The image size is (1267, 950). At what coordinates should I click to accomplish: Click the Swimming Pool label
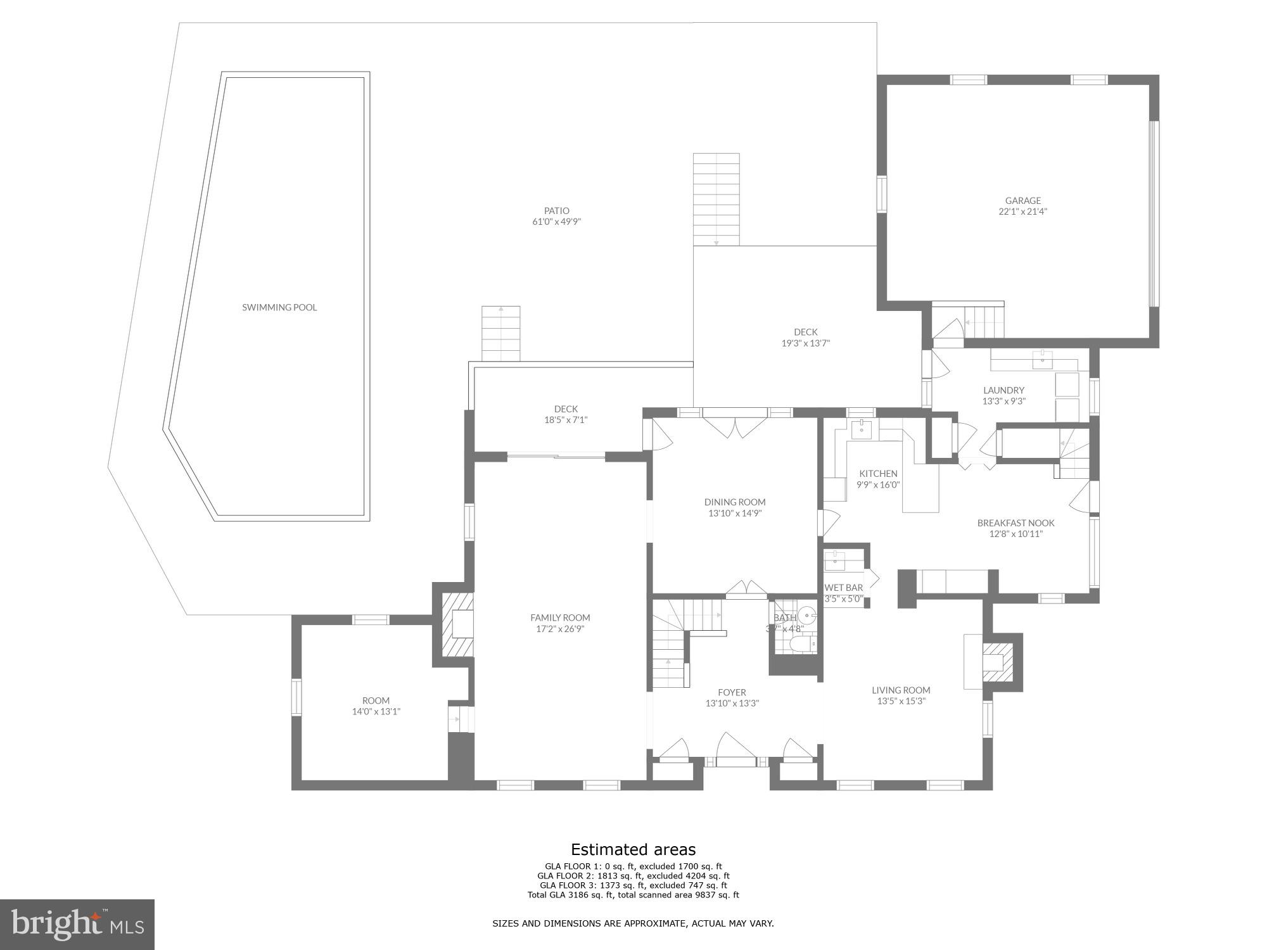pos(279,308)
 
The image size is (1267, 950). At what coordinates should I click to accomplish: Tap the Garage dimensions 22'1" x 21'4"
pos(1022,212)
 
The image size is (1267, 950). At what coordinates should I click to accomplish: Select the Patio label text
pos(556,211)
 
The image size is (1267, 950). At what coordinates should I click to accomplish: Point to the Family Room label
pos(560,617)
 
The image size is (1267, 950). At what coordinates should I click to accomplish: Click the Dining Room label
pos(735,502)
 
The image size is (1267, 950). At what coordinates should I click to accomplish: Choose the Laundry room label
pos(1003,390)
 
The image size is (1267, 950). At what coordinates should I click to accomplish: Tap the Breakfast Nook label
pos(1016,523)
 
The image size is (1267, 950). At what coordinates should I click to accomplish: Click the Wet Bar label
pos(843,588)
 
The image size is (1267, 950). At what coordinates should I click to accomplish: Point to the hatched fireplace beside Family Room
pos(457,624)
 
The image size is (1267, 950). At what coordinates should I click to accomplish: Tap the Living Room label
pos(901,690)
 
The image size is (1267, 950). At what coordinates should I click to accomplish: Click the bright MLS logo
pos(77,925)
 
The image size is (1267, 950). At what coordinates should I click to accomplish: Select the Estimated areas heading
pos(633,850)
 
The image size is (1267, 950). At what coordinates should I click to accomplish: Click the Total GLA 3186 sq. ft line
pos(633,895)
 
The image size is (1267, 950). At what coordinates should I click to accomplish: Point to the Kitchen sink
pos(861,429)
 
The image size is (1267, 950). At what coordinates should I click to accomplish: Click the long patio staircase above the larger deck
pos(716,199)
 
